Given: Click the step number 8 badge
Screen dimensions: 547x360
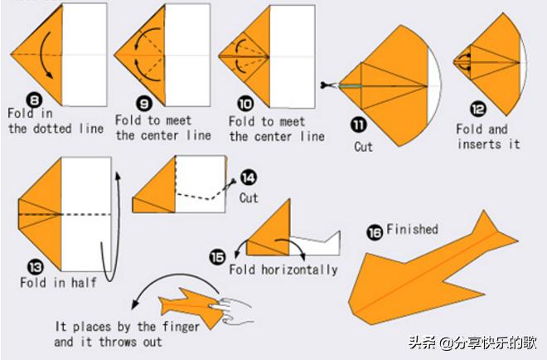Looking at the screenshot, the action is point(35,100).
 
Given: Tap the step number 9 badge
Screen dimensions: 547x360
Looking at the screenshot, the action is point(144,103).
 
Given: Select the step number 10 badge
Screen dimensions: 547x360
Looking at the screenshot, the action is point(245,104).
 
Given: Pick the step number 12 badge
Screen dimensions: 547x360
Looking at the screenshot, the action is point(478,109).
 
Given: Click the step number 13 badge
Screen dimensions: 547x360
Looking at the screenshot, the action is point(36,268).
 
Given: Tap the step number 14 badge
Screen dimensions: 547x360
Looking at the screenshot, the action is point(249,178).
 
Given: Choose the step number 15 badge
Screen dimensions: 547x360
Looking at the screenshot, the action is point(217,257).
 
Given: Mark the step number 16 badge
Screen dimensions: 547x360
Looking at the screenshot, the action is point(375,233).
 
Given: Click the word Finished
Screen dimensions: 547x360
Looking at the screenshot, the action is point(412,230).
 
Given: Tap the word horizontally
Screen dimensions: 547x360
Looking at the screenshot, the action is point(299,270).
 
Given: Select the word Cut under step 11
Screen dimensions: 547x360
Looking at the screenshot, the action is point(364,147).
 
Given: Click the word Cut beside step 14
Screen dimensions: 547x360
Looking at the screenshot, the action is point(249,198).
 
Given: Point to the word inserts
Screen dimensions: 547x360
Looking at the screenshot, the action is point(480,144).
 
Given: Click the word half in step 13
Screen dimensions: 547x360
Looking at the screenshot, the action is point(84,282).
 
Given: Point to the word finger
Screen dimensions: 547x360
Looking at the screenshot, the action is point(181,327).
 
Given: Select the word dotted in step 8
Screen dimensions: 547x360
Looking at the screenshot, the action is point(52,129).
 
